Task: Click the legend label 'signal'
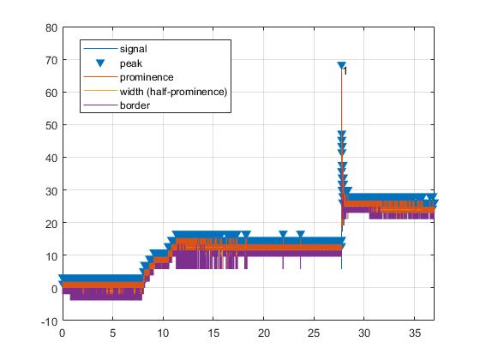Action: pyautogui.click(x=135, y=49)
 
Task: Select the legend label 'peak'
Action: pyautogui.click(x=132, y=63)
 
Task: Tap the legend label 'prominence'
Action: pyautogui.click(x=147, y=77)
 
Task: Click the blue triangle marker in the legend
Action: pyautogui.click(x=100, y=63)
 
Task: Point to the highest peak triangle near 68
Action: pyautogui.click(x=341, y=65)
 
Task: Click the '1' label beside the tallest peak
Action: pyautogui.click(x=345, y=72)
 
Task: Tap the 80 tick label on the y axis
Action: pyautogui.click(x=51, y=27)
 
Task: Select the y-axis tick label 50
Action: pyautogui.click(x=51, y=125)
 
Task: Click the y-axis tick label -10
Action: pyautogui.click(x=48, y=321)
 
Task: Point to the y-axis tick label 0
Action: pyautogui.click(x=53, y=288)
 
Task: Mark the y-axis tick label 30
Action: pyautogui.click(x=51, y=190)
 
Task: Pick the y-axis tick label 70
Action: pyautogui.click(x=51, y=60)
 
